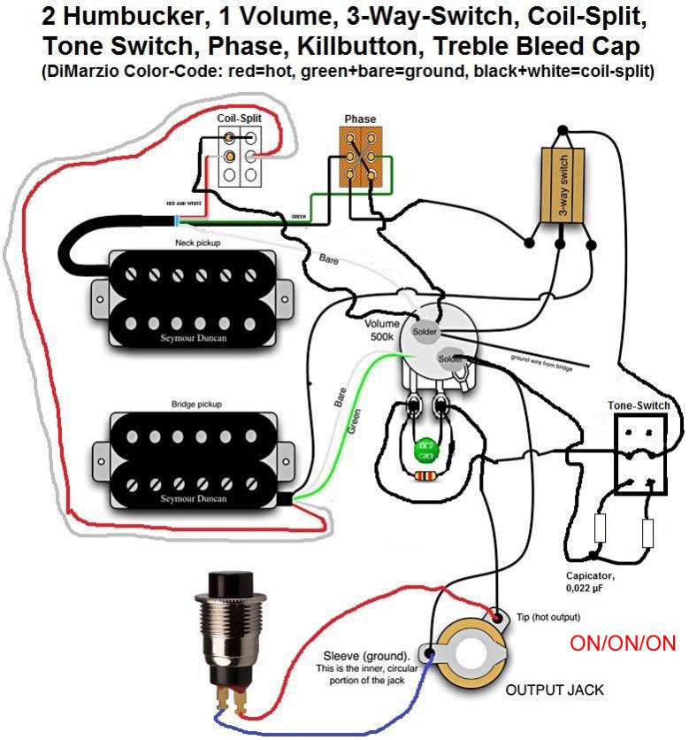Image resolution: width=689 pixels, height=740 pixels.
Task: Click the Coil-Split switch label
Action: coord(239,118)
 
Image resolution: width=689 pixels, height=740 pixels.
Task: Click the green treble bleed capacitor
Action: coord(425,449)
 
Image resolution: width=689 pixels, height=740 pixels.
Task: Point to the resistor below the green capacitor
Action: coord(425,475)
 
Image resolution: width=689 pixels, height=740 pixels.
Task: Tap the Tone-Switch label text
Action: coord(639,405)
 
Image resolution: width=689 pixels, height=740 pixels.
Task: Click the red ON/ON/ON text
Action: coord(623,644)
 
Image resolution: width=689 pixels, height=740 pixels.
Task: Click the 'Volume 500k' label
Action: coord(386,329)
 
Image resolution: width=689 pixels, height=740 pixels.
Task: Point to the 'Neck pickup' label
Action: coord(197,242)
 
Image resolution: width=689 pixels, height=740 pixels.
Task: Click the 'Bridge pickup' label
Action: coord(196,404)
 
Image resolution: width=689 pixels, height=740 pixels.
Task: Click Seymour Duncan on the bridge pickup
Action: coord(194,498)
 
